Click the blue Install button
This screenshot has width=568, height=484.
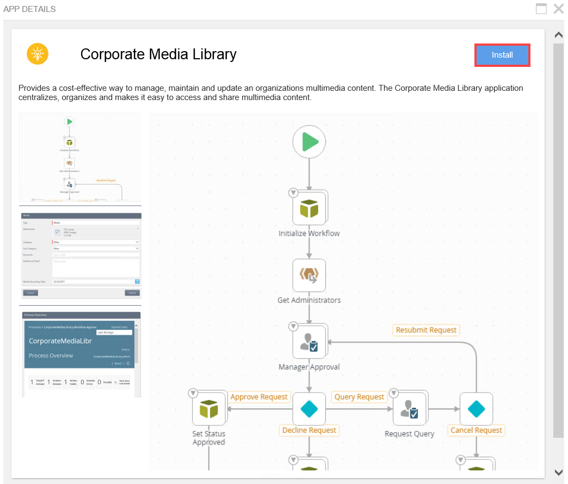pos(502,55)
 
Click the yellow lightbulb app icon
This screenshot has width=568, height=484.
pos(38,54)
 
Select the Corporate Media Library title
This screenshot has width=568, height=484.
pos(158,54)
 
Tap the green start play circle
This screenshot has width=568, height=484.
pos(309,142)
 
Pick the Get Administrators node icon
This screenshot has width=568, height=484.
pos(309,276)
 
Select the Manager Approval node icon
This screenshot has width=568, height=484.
pos(309,342)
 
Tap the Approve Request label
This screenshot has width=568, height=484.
pos(259,397)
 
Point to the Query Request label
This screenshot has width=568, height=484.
pos(359,397)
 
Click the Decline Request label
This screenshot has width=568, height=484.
pos(309,430)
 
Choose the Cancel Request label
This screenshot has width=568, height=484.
pos(476,430)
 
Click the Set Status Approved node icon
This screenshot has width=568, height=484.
pos(209,409)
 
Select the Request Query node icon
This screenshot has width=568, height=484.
pos(410,409)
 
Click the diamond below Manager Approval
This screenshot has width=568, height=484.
pos(309,409)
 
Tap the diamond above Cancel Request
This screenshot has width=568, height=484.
pos(476,409)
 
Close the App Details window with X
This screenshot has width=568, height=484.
pos(558,9)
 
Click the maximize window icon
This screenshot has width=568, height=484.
pos(541,9)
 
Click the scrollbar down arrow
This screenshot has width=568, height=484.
pos(558,472)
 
